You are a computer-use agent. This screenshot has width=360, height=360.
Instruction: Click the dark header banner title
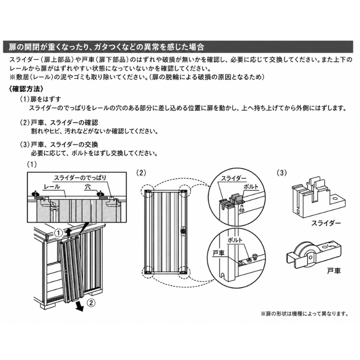coord(107,47)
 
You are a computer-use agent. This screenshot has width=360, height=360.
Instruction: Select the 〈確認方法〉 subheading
coord(26,89)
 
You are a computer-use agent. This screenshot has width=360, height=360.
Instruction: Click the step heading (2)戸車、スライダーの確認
coord(59,122)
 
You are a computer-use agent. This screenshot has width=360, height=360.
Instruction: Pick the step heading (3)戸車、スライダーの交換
coord(59,144)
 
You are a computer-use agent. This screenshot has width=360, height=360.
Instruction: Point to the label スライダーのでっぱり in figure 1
coord(80,178)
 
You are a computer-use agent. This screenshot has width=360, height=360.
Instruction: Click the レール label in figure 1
coord(52,187)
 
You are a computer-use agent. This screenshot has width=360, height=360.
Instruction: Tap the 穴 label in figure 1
coord(87,187)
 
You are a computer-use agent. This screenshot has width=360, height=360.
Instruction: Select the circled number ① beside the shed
coord(58,233)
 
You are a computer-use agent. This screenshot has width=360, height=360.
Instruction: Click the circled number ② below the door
coord(91,303)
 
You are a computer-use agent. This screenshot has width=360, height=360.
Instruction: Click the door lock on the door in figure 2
coord(183,230)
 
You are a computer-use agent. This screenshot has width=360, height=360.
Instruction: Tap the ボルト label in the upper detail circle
coord(251,187)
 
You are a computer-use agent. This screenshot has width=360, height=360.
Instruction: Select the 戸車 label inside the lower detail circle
coord(218,253)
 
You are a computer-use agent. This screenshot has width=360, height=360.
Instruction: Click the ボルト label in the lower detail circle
coord(235,240)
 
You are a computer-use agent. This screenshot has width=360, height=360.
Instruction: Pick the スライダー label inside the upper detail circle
coord(234,178)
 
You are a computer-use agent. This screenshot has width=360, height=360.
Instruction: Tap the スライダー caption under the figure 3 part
coord(326,223)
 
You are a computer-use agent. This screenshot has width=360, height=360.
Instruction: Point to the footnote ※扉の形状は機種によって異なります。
coord(305,314)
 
